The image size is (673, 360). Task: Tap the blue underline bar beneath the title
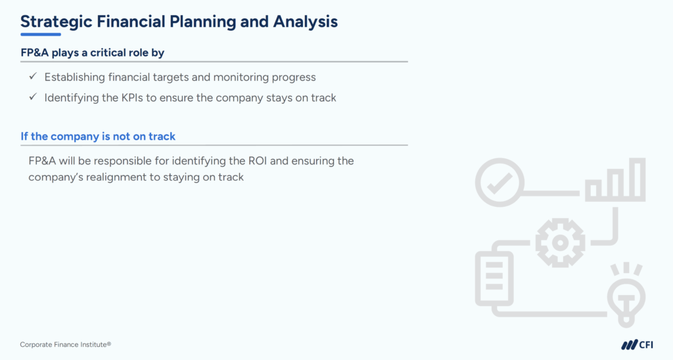[40, 34]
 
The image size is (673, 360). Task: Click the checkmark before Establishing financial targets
[32, 77]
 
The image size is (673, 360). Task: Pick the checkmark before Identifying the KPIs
[32, 97]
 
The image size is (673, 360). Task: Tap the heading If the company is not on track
[98, 137]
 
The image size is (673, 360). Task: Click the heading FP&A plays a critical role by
[97, 53]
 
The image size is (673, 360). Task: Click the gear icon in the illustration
[560, 242]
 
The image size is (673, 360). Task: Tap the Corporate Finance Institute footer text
[61, 345]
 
